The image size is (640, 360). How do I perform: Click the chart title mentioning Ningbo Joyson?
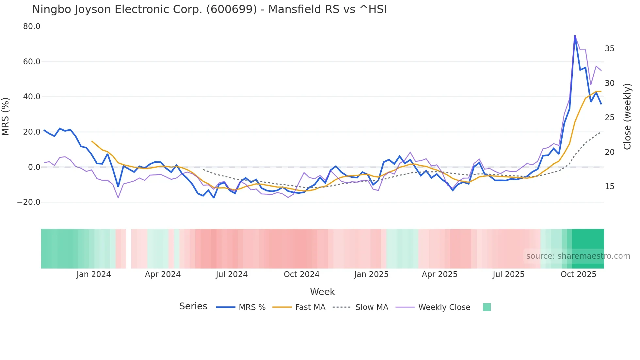[209, 9]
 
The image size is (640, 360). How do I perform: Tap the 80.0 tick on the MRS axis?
[32, 26]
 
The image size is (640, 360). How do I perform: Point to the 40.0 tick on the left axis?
[32, 97]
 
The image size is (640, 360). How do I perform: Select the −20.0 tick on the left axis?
[29, 202]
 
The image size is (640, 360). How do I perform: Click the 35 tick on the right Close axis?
[609, 49]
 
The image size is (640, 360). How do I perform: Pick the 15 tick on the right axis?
[609, 187]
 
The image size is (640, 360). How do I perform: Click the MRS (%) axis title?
[6, 116]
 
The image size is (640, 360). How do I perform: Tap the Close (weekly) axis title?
[627, 116]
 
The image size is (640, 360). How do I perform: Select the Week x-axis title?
[322, 292]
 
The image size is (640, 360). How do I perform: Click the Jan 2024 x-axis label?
[94, 274]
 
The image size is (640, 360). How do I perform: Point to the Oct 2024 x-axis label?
[301, 274]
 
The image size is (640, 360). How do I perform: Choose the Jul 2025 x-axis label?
[508, 274]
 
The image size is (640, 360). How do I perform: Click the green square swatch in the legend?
[487, 307]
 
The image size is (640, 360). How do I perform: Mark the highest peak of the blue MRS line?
[575, 35]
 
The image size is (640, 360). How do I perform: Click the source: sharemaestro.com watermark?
[578, 256]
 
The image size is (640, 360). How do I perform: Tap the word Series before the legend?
[193, 306]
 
